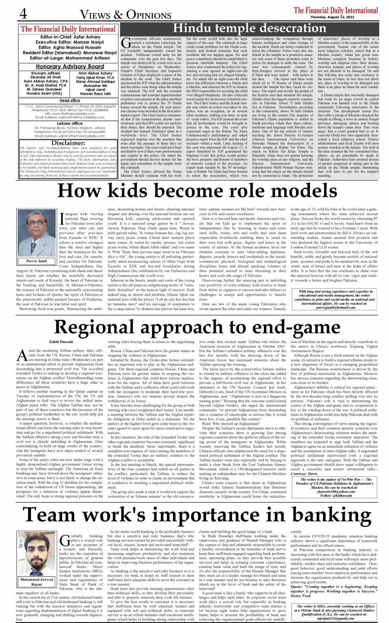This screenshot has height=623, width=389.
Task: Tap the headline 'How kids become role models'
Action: point(194,191)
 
